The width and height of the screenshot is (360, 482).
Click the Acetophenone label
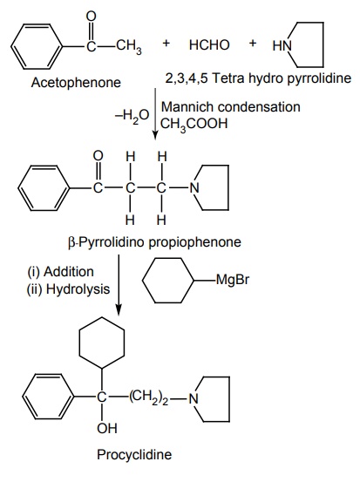[76, 83]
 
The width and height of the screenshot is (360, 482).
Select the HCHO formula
[209, 44]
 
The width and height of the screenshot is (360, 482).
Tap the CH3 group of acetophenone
[128, 47]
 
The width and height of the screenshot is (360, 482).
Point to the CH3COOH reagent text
[194, 124]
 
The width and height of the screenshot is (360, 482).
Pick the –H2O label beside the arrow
[132, 117]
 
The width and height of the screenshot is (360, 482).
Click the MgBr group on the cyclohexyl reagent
[233, 281]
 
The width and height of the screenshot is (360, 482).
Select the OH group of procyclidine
[107, 428]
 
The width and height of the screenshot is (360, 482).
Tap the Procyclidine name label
[134, 455]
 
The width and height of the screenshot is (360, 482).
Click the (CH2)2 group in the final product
[149, 397]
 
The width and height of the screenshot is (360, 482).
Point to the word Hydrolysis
[78, 289]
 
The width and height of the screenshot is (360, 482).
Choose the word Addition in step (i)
[69, 272]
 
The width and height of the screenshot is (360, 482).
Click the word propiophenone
[195, 242]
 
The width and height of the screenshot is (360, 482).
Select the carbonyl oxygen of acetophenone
[92, 17]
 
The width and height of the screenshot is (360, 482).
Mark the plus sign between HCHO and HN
[253, 43]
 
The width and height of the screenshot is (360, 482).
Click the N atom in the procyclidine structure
[194, 398]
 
